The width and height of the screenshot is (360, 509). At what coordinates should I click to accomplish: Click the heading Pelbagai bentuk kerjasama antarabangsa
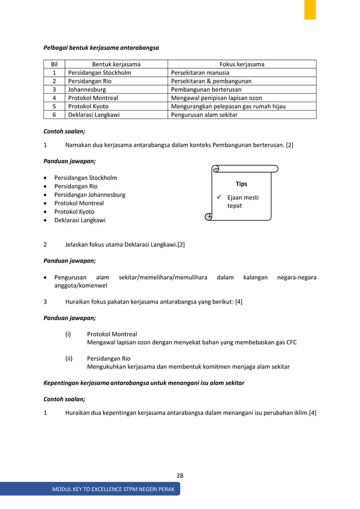click(x=101, y=48)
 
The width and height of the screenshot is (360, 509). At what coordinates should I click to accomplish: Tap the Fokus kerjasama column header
click(x=242, y=64)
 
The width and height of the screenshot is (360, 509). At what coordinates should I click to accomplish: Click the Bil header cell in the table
click(x=54, y=64)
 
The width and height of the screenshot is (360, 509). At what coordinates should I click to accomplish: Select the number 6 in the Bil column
click(x=54, y=115)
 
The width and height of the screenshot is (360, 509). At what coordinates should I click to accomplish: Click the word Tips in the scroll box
click(x=241, y=184)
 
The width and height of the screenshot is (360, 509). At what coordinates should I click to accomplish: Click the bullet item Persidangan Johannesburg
click(x=90, y=195)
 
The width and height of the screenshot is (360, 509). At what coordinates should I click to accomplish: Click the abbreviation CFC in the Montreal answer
click(x=290, y=343)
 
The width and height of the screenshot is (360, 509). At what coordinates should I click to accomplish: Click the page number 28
click(x=179, y=476)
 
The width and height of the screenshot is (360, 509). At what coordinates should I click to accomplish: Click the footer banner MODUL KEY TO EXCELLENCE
click(x=113, y=489)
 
